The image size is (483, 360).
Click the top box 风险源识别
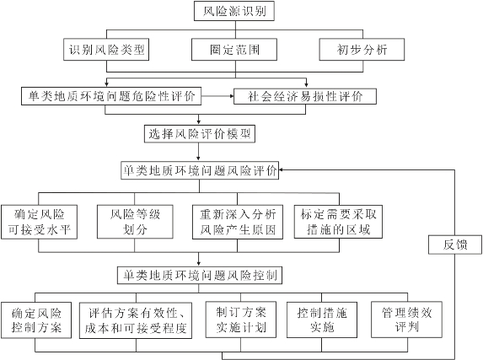tap(234, 11)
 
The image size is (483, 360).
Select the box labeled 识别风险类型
tap(106, 49)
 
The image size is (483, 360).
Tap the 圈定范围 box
tap(234, 49)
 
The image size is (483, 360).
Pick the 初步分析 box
tap(362, 49)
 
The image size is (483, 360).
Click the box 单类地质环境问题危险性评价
tap(111, 96)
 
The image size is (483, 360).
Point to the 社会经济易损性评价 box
tap(305, 96)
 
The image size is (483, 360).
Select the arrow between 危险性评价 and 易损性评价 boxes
tap(217, 96)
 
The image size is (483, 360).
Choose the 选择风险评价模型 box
tap(200, 134)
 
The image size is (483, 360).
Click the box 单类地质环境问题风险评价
tap(200, 170)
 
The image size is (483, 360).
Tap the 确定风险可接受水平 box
tap(39, 222)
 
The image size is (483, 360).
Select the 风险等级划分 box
tap(135, 222)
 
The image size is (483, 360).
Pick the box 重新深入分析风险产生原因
tap(238, 222)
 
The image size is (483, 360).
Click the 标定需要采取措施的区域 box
tap(338, 222)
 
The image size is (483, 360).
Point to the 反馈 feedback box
tap(455, 244)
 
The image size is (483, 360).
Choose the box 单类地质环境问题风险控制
tap(200, 275)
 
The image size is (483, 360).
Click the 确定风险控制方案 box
tap(36, 320)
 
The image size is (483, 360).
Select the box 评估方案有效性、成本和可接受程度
tap(136, 320)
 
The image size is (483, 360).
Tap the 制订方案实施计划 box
tap(241, 320)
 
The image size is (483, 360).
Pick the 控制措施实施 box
tap(322, 320)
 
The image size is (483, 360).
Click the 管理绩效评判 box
tap(406, 320)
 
